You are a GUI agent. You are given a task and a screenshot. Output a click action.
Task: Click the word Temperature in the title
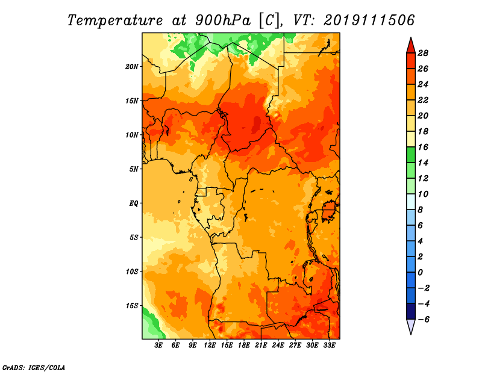115,20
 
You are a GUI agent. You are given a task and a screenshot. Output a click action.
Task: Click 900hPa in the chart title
222,20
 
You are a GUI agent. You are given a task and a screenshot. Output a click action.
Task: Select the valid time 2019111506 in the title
369,20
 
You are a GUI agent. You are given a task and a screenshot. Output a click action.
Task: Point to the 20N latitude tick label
132,67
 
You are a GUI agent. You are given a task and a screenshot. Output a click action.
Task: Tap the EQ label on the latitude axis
134,203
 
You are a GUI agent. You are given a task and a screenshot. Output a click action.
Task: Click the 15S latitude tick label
132,306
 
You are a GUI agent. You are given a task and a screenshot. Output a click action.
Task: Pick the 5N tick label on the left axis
134,169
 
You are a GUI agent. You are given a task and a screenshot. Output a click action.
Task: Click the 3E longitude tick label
158,346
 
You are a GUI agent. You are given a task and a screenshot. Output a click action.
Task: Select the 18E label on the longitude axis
244,346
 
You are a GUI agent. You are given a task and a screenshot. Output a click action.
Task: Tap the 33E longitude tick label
329,346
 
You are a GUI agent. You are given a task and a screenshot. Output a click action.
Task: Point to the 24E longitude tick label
278,346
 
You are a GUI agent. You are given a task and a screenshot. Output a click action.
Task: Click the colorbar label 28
423,53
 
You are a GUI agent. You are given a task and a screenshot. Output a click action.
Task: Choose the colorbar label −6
423,320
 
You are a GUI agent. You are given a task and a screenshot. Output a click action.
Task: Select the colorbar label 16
423,147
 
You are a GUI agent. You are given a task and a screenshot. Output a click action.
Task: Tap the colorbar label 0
420,273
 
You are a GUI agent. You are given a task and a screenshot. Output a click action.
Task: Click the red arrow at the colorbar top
411,46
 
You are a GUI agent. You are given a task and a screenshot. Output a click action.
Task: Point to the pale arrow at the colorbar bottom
411,327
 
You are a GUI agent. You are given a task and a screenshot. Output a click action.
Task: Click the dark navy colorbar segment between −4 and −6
411,311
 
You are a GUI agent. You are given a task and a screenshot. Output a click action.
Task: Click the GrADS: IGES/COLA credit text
34,368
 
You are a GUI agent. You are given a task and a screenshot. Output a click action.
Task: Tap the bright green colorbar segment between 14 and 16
411,155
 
